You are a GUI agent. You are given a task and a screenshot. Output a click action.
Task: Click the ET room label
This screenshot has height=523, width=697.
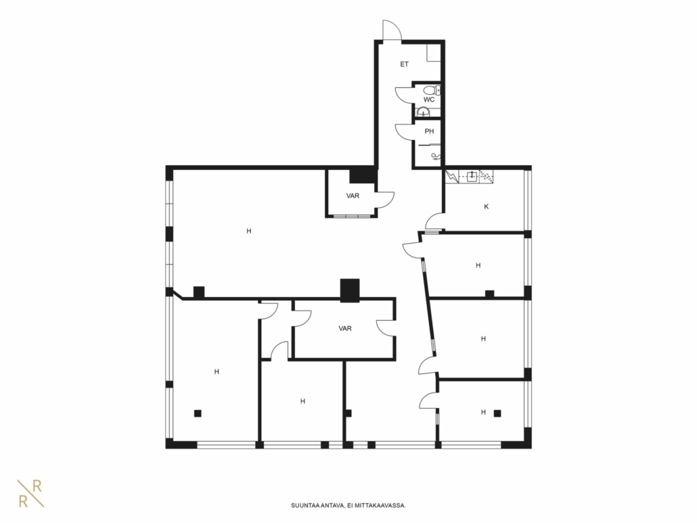tap(404, 64)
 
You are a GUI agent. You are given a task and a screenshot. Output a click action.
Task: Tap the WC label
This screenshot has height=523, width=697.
tap(428, 99)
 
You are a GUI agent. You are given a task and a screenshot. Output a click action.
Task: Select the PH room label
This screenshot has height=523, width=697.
tap(429, 131)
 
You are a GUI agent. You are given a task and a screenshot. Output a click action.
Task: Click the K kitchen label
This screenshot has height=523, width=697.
tap(487, 206)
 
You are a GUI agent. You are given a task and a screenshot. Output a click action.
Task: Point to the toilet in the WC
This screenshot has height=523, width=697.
tap(431, 90)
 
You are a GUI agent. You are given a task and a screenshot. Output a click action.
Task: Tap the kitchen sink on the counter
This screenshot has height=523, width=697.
tap(472, 177)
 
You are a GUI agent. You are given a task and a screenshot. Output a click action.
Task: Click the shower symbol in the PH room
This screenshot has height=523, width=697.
tap(436, 156)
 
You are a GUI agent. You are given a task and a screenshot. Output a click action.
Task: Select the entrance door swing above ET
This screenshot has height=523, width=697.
tap(392, 30)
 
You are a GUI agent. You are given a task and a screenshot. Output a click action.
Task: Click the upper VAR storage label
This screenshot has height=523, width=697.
tap(353, 196)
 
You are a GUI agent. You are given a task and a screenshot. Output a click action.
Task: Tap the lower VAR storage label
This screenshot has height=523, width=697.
tap(345, 329)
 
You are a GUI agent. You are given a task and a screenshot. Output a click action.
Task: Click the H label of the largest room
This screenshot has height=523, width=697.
tap(249, 231)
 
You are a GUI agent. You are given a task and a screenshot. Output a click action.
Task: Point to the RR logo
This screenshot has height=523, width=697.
tap(30, 493)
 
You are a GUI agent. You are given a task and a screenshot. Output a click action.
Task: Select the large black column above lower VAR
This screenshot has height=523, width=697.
tap(350, 291)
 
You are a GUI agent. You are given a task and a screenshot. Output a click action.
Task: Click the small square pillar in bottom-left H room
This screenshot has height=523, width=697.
tap(198, 413)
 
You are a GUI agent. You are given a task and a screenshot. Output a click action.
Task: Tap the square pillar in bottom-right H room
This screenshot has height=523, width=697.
tap(497, 413)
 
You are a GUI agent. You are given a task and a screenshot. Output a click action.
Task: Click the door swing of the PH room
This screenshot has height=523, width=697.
tap(404, 132)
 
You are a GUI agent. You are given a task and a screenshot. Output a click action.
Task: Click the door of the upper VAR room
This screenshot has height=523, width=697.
tap(385, 200)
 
